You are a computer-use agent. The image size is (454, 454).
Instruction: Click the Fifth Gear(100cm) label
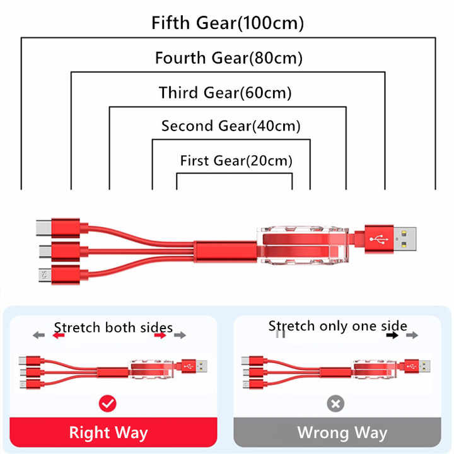[x=228, y=23]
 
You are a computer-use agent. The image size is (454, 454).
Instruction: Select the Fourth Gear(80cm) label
[x=229, y=58]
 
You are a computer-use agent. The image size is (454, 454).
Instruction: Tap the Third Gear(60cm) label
[x=225, y=93]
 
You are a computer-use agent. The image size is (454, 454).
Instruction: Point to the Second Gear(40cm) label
[x=231, y=126]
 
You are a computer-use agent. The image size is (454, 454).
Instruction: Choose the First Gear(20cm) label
[x=236, y=161]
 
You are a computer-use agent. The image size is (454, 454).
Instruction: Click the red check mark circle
[x=107, y=404]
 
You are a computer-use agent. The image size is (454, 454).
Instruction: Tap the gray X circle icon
[x=335, y=404]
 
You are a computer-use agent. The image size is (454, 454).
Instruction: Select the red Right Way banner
[x=113, y=433]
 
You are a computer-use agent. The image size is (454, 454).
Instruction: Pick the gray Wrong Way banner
[x=337, y=433]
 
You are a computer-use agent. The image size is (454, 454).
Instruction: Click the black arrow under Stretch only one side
[x=392, y=335]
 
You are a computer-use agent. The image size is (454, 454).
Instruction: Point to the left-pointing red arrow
[x=59, y=335]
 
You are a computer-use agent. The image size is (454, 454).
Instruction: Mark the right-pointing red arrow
[x=160, y=335]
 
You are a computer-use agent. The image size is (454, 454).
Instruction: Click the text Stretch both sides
[x=113, y=328]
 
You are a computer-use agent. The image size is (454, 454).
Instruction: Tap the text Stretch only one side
[x=337, y=327]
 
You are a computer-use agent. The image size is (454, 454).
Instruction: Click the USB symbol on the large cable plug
[x=379, y=240]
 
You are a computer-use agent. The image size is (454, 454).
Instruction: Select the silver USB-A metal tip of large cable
[x=405, y=239]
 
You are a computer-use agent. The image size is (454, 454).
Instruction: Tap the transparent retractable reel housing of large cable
[x=303, y=245]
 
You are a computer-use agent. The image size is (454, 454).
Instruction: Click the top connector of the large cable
[x=58, y=228]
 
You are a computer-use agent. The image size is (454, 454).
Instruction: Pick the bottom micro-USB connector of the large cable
[x=59, y=275]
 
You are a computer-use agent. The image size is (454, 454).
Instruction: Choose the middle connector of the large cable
[x=60, y=252]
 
